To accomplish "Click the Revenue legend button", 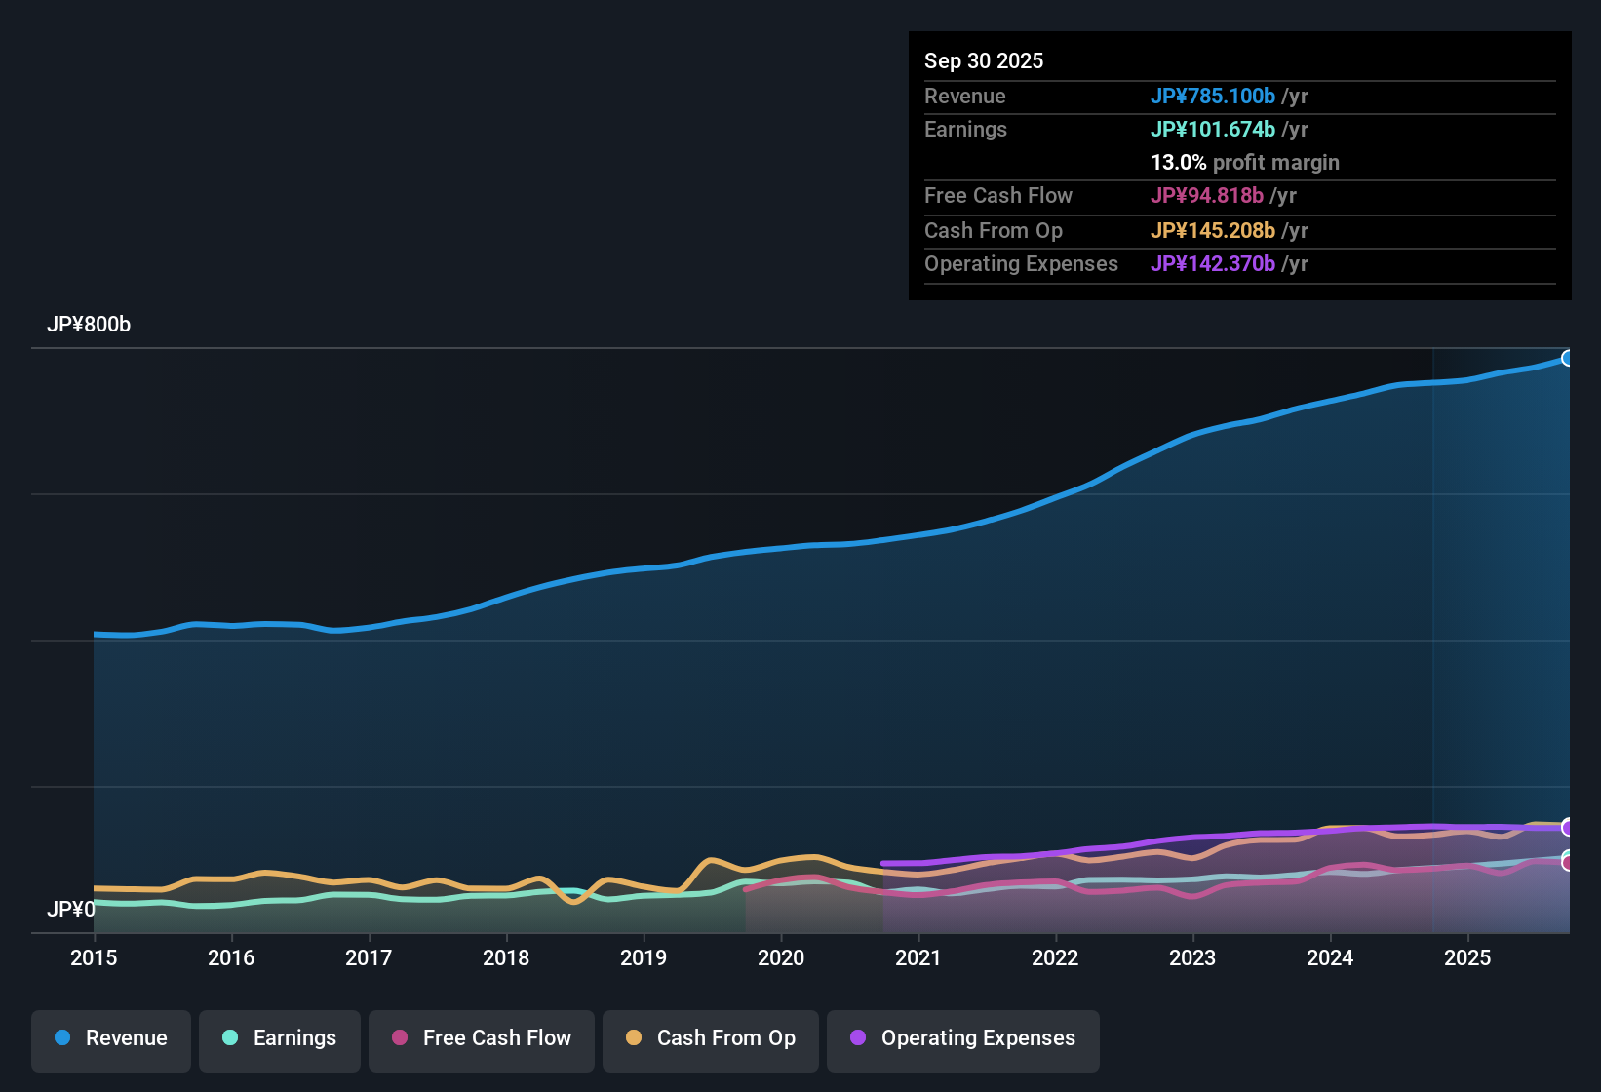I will pyautogui.click(x=111, y=1038).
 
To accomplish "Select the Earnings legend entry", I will pyautogui.click(x=280, y=1038).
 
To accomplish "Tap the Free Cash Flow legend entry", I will pyautogui.click(x=482, y=1038).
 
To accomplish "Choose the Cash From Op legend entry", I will pyautogui.click(x=711, y=1038).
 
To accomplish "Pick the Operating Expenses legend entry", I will pyautogui.click(x=963, y=1038).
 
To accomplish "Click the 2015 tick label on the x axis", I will pyautogui.click(x=94, y=957).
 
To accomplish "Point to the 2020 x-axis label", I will pyautogui.click(x=781, y=957).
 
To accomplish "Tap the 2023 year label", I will pyautogui.click(x=1192, y=957).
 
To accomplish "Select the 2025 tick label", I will pyautogui.click(x=1467, y=957).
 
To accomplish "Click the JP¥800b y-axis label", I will pyautogui.click(x=89, y=325).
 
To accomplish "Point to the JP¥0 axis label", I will pyautogui.click(x=70, y=910).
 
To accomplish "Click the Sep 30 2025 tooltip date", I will pyautogui.click(x=984, y=61).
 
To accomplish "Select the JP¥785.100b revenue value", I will pyautogui.click(x=1213, y=97).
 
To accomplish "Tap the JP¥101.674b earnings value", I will pyautogui.click(x=1213, y=130).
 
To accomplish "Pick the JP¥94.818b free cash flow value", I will pyautogui.click(x=1207, y=196).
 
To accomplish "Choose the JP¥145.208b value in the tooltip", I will pyautogui.click(x=1213, y=231).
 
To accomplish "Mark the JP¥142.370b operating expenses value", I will pyautogui.click(x=1213, y=264).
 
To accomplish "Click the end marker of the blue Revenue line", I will pyautogui.click(x=1568, y=358).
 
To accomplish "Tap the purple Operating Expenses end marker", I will pyautogui.click(x=1568, y=827).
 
